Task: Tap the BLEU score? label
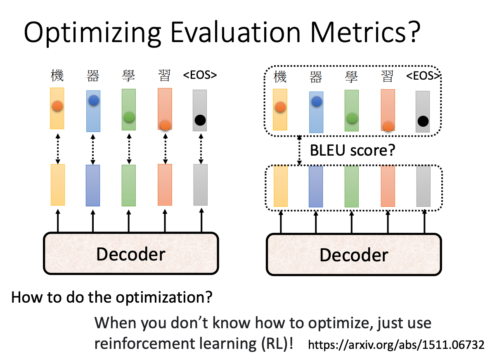352,150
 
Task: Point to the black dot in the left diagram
200,120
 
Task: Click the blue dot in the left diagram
93,100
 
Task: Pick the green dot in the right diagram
352,118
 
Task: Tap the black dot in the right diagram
423,121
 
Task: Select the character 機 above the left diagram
57,76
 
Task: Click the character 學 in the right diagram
352,77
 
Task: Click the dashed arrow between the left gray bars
201,148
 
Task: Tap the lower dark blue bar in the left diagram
93,185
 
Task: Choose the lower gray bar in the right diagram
424,186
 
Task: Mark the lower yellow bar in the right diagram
280,186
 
